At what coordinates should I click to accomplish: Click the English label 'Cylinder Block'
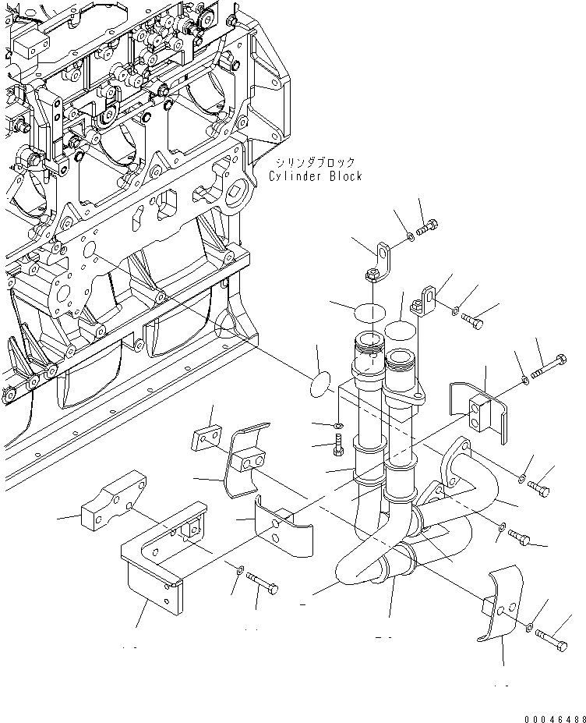pos(315,176)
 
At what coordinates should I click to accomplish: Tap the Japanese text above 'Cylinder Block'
pos(314,162)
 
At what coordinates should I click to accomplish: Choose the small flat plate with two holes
pos(206,439)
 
